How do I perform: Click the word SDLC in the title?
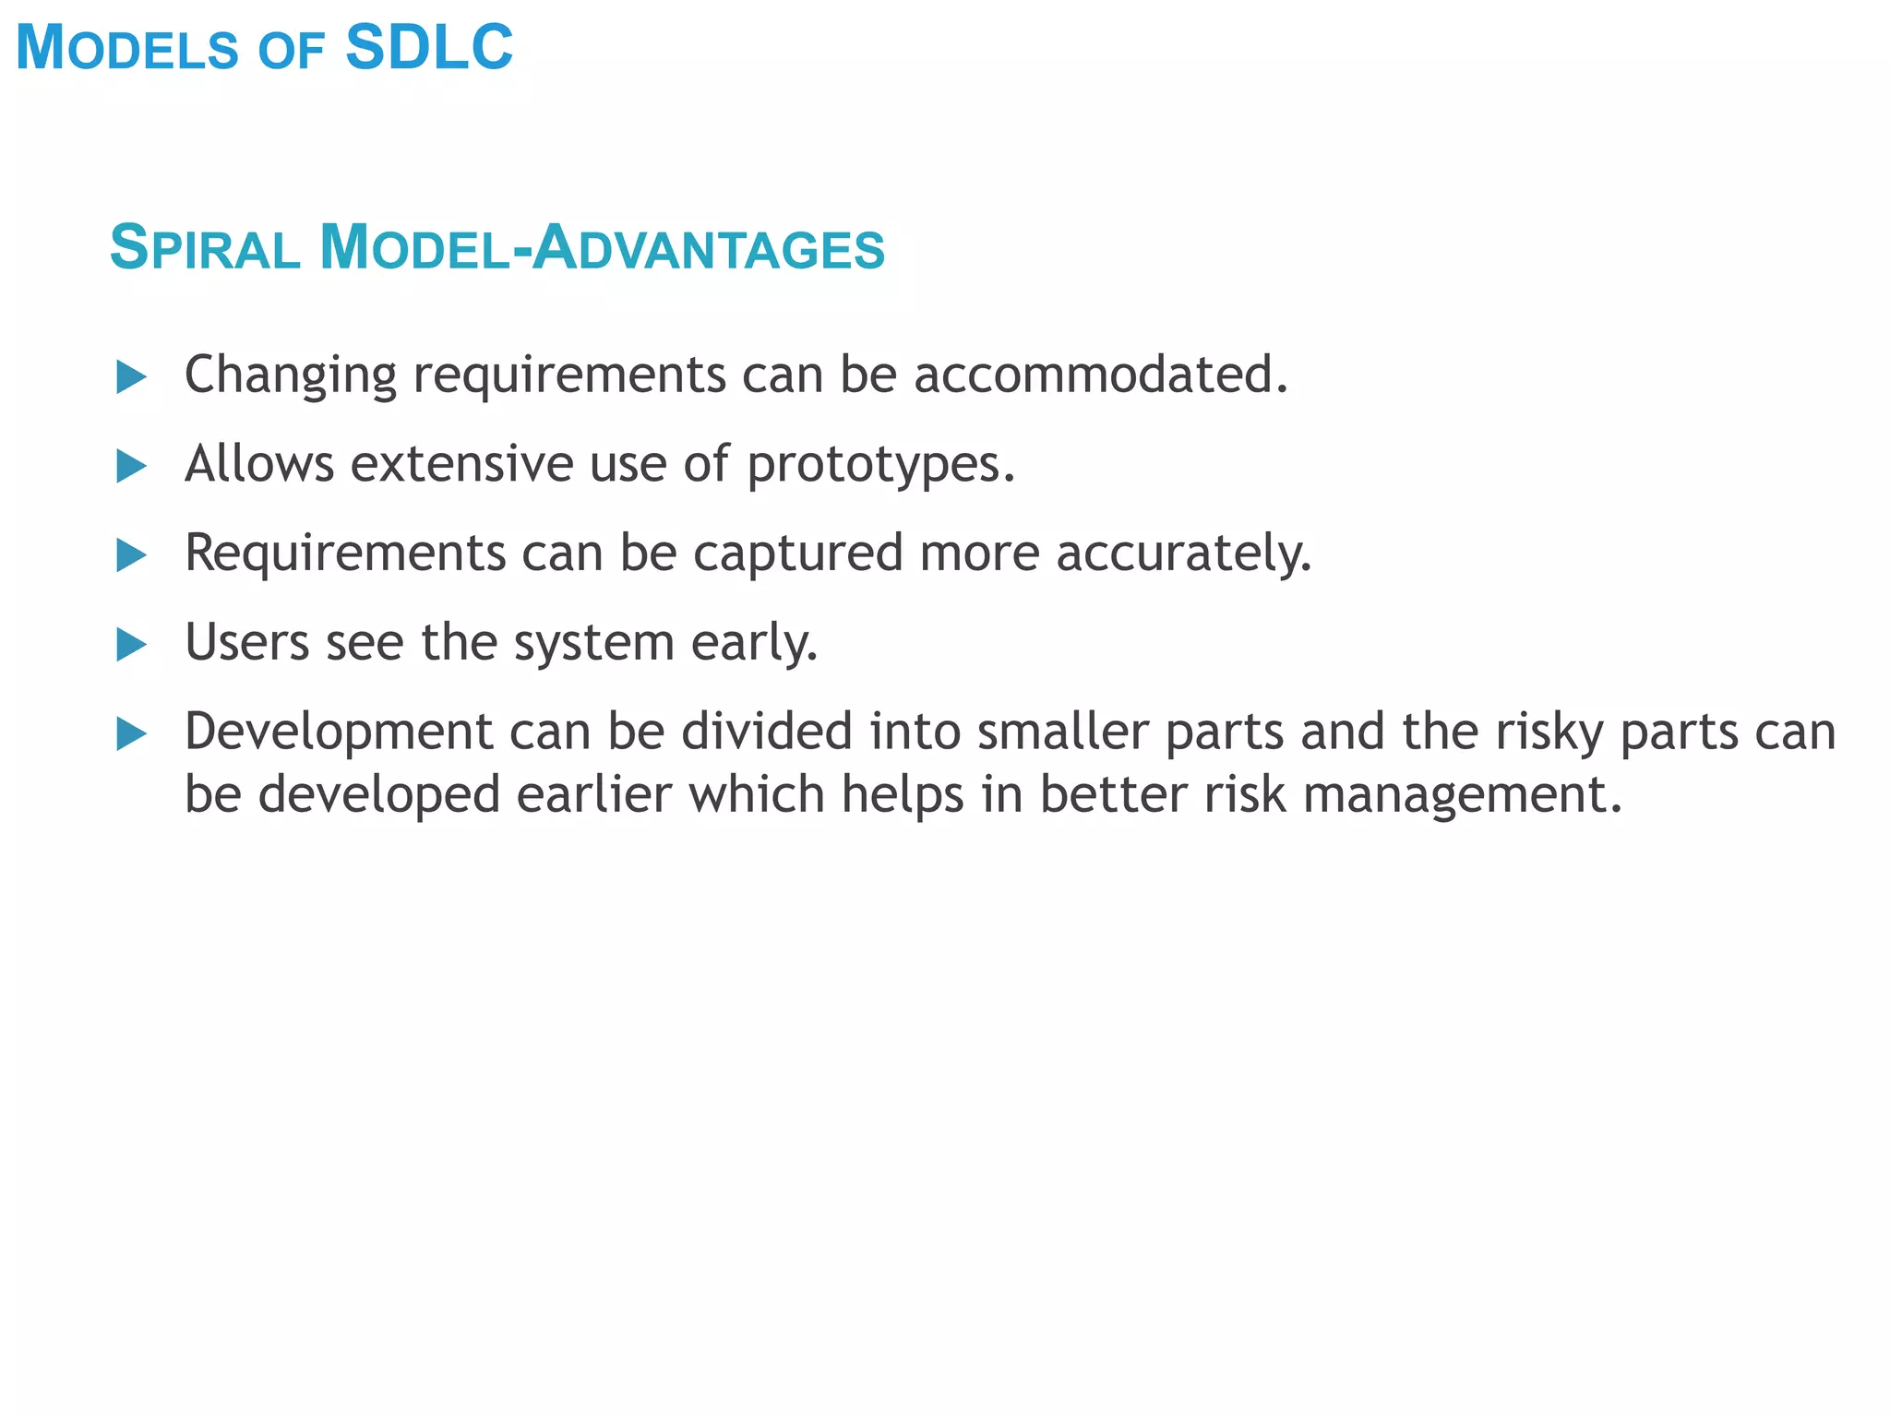click(429, 48)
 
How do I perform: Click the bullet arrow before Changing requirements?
click(131, 377)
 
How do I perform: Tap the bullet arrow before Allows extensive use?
click(131, 466)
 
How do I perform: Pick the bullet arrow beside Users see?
click(131, 645)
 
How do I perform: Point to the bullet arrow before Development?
click(131, 734)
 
